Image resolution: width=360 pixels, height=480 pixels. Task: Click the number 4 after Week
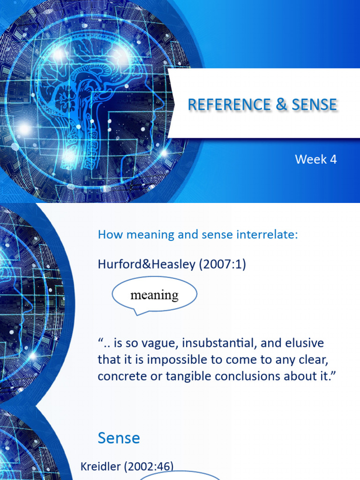333,159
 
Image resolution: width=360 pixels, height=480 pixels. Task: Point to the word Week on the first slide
310,159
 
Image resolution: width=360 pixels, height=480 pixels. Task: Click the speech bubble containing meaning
154,295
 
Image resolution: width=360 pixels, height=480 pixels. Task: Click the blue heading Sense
119,438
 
